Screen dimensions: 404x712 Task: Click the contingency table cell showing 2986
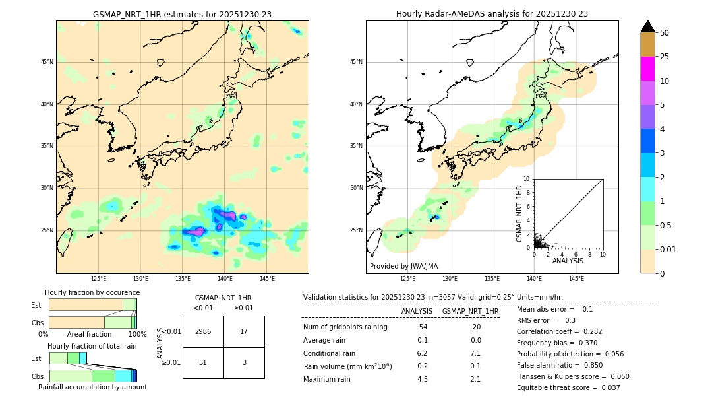click(203, 331)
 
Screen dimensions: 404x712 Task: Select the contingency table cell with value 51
click(203, 362)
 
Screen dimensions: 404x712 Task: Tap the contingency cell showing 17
click(244, 331)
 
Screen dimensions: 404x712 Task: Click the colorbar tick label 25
click(665, 57)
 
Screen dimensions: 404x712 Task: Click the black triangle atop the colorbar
click(648, 26)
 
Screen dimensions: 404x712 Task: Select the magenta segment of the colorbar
click(648, 69)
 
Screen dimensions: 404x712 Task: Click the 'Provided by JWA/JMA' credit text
click(403, 266)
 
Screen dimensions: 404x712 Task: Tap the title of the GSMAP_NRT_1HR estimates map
click(182, 14)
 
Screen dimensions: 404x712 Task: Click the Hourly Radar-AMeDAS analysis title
click(492, 14)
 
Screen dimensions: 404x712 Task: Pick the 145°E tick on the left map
click(267, 279)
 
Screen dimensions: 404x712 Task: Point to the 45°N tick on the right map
click(356, 62)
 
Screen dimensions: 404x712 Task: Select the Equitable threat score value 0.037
click(608, 387)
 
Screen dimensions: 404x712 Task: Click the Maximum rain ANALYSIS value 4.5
click(423, 379)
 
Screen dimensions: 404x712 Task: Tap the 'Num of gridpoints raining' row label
click(345, 327)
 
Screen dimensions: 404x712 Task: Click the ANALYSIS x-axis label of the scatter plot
click(568, 261)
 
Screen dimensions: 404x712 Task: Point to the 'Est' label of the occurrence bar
click(36, 305)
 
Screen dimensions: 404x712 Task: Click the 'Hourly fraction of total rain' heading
click(92, 346)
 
